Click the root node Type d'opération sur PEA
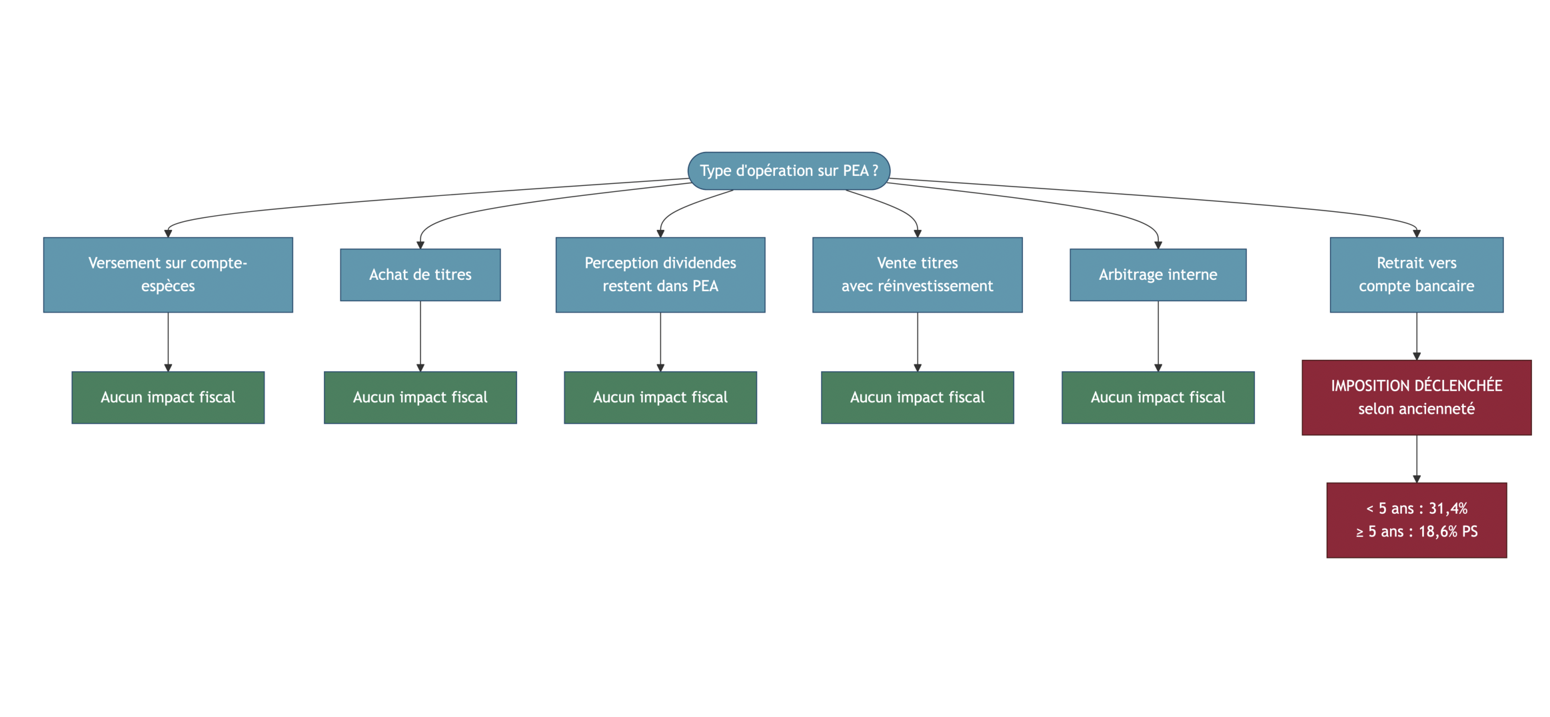click(x=788, y=171)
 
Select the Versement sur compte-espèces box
click(x=168, y=275)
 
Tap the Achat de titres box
click(x=420, y=275)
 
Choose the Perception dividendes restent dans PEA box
click(x=660, y=275)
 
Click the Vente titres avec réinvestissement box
click(x=917, y=275)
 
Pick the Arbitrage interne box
click(x=1158, y=275)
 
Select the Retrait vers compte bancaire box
click(x=1416, y=275)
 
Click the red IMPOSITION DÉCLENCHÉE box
click(x=1416, y=397)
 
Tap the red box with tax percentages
click(x=1416, y=520)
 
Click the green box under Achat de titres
click(x=420, y=397)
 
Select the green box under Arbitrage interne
click(x=1158, y=397)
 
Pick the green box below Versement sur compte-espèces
click(x=168, y=397)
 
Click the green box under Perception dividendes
click(x=660, y=397)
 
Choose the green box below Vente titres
click(x=917, y=397)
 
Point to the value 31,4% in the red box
click(x=1447, y=508)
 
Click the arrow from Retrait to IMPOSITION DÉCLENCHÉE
click(x=1417, y=336)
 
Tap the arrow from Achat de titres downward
click(x=420, y=336)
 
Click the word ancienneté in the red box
click(x=1444, y=409)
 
